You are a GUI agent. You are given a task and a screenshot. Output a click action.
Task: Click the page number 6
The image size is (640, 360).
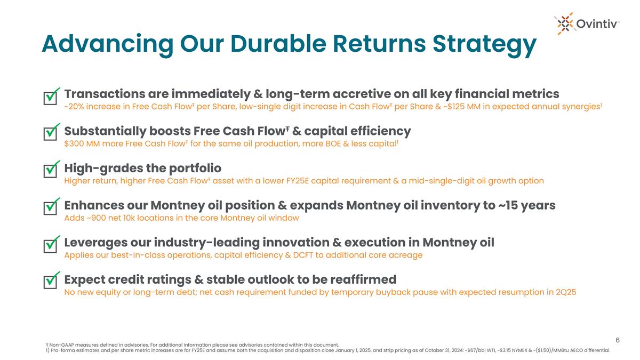pos(618,340)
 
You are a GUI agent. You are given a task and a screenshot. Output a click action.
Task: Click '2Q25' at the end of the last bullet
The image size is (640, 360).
pos(565,292)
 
